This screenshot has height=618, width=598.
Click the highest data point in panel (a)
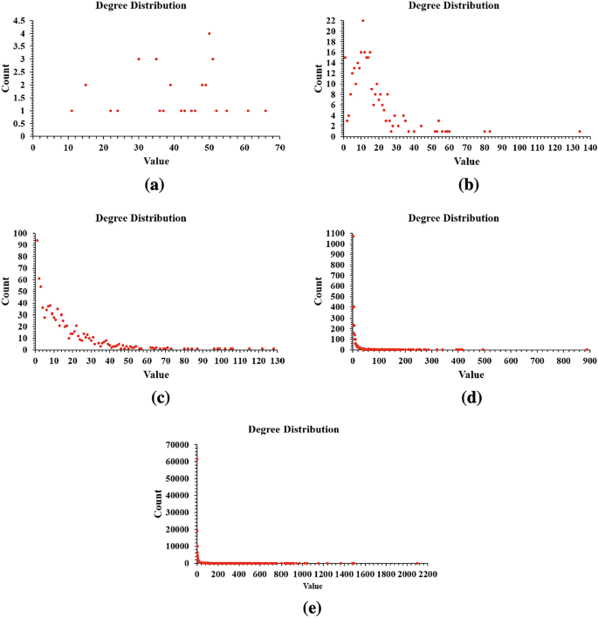[209, 34]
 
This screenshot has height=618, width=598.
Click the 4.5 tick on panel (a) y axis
[22, 20]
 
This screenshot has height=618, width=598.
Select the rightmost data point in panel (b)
[579, 132]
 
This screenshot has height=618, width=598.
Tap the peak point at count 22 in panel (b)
[363, 20]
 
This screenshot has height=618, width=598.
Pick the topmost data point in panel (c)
[37, 240]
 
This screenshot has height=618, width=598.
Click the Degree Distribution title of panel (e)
[293, 429]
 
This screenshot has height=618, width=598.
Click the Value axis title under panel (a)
[155, 161]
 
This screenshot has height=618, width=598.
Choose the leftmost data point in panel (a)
[72, 110]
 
